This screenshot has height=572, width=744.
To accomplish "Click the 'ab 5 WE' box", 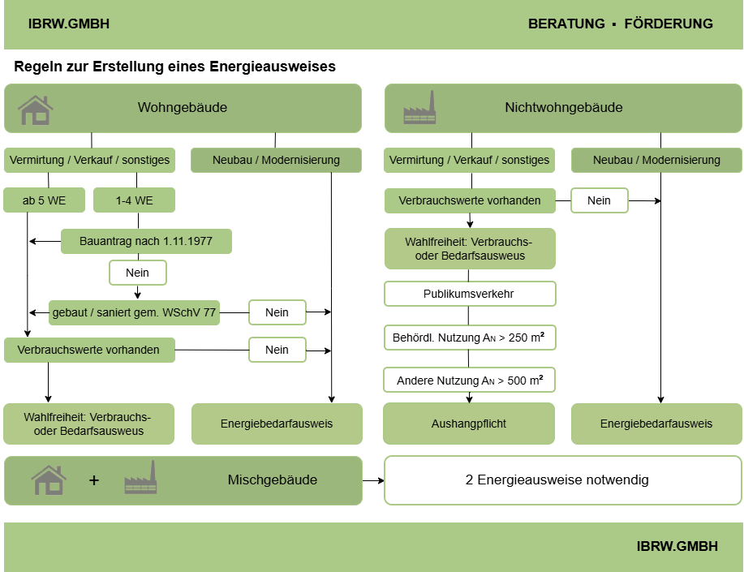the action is tap(44, 200).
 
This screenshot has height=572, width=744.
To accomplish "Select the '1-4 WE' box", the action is tap(135, 200).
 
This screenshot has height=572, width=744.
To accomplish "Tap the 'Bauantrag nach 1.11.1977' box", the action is tap(146, 241).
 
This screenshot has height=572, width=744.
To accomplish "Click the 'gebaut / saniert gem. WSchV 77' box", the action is tap(135, 312).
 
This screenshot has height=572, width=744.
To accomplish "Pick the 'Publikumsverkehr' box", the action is tap(469, 294).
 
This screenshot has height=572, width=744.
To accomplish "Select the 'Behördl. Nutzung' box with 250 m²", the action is tap(469, 338).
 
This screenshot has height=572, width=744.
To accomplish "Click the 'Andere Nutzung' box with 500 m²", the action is tap(469, 380).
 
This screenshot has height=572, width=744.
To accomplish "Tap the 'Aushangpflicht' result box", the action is tap(469, 424).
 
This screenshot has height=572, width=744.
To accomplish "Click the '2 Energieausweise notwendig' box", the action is tap(563, 480).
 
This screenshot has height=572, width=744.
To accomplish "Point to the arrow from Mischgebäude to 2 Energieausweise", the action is tap(373, 480).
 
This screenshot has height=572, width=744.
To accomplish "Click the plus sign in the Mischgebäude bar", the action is tap(94, 480).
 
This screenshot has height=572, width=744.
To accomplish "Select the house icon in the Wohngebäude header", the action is tap(36, 110).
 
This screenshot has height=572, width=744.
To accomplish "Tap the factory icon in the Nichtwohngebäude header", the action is tap(419, 108).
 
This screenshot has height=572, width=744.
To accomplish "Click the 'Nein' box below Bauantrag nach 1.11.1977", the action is tap(138, 273).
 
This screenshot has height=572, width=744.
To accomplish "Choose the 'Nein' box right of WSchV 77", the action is tap(277, 312).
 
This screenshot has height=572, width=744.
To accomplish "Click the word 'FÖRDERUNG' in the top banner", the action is tap(669, 24).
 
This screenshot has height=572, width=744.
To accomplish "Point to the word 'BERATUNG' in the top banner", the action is tap(566, 24).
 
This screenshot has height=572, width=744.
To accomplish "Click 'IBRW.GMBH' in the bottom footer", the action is tap(677, 546).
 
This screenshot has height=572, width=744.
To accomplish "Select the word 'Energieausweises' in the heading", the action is tap(273, 67).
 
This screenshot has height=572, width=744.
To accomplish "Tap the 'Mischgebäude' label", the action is tap(273, 480).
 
